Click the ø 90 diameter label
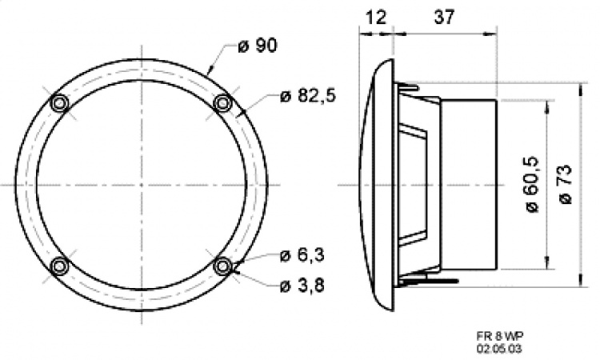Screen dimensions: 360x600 (x=258, y=46)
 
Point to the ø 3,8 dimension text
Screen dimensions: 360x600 (x=302, y=286)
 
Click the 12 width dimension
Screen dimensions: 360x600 (x=375, y=15)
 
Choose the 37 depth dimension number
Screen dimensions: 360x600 (x=442, y=15)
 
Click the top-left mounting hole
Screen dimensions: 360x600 (x=59, y=103)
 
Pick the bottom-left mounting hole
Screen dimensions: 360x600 (x=59, y=266)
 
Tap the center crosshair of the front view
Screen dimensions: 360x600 (x=142, y=185)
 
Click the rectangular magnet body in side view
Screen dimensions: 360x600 (x=468, y=184)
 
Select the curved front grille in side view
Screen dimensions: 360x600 (x=378, y=184)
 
